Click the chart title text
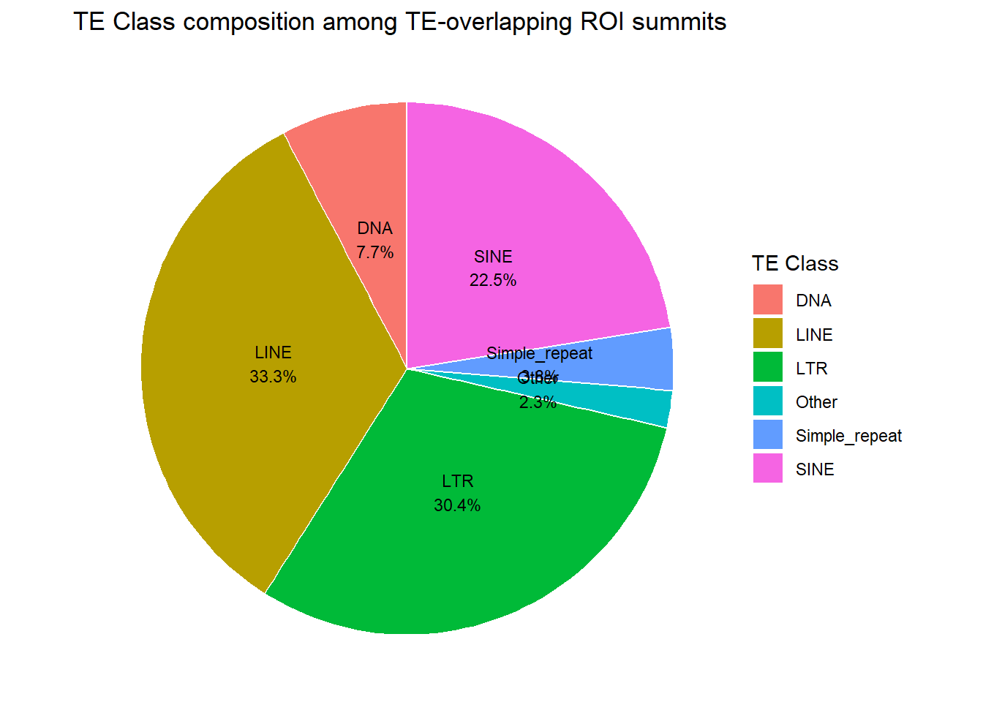[399, 22]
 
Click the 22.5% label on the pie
[493, 280]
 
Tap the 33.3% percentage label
[273, 377]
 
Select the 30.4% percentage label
[457, 505]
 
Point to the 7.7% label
[375, 252]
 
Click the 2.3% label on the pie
[538, 402]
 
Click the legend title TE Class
[795, 263]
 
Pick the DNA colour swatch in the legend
[768, 301]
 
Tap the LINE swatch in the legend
[768, 334]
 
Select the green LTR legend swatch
[768, 368]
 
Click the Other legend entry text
[816, 402]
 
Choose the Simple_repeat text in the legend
[848, 436]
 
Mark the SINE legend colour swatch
[768, 469]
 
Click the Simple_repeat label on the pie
[540, 353]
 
